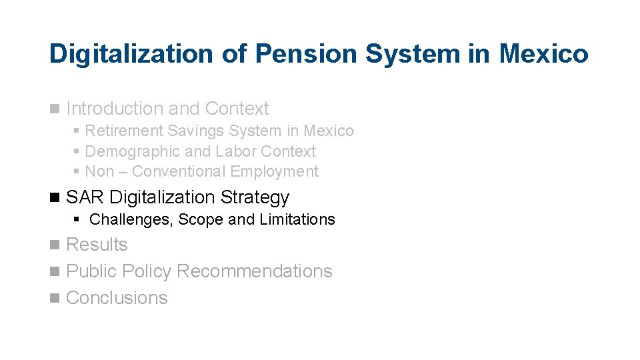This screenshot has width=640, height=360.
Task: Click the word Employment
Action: pyautogui.click(x=274, y=171)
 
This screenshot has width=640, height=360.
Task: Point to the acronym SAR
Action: pyautogui.click(x=85, y=197)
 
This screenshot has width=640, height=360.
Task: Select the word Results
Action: pyautogui.click(x=97, y=245)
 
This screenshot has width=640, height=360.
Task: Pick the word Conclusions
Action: pyautogui.click(x=117, y=297)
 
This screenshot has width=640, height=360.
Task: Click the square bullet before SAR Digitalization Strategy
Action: pyautogui.click(x=55, y=198)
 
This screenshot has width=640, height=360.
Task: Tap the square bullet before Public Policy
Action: pyautogui.click(x=55, y=272)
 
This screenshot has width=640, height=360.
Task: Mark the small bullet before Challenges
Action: pyautogui.click(x=77, y=219)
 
